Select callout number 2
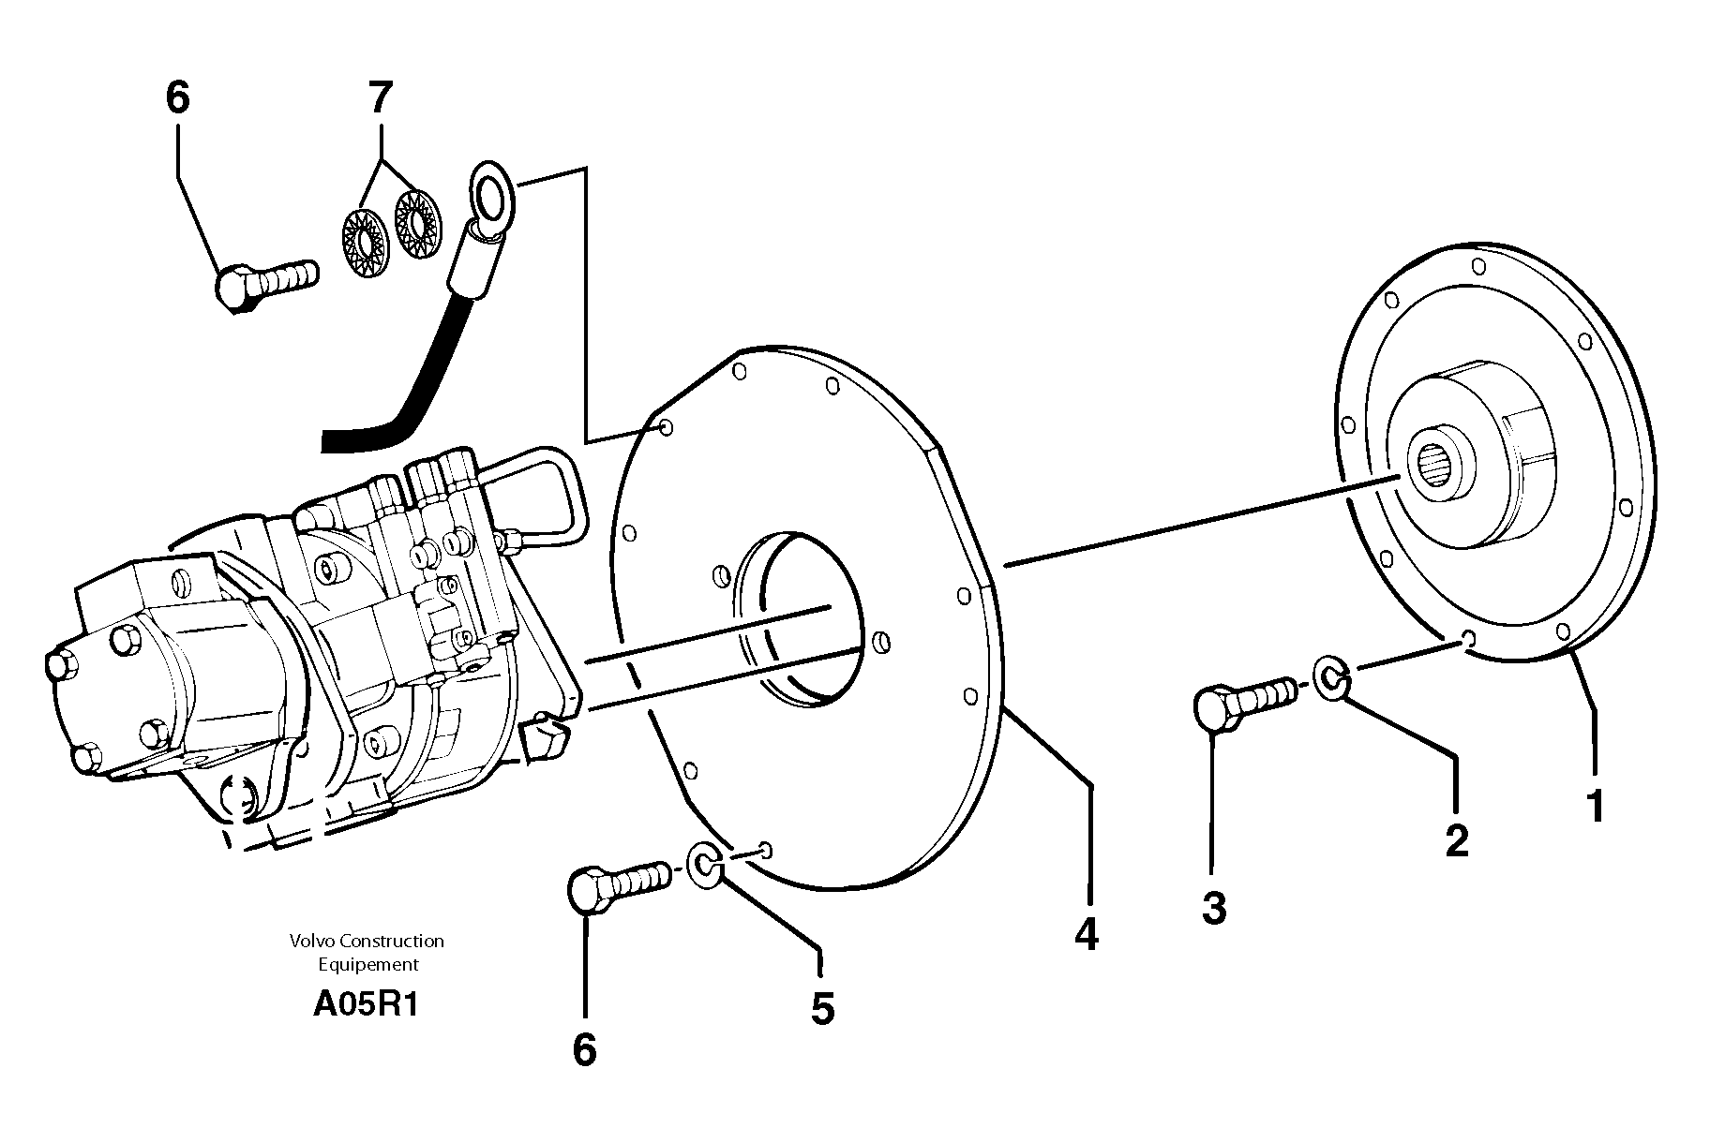(1456, 839)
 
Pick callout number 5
(821, 1009)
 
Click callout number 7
(380, 97)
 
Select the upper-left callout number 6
(177, 97)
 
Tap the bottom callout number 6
(584, 1050)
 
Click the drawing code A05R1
(367, 1005)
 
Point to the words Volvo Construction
(367, 941)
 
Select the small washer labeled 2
(1328, 677)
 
